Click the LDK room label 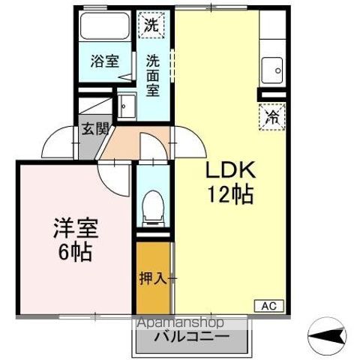pyautogui.click(x=230, y=170)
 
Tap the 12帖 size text pyautogui.click(x=230, y=195)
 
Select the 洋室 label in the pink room pyautogui.click(x=76, y=228)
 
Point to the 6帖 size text pyautogui.click(x=75, y=252)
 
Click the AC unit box pyautogui.click(x=269, y=306)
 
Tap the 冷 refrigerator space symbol pyautogui.click(x=272, y=117)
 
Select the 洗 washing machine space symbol pyautogui.click(x=151, y=25)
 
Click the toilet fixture pyautogui.click(x=153, y=208)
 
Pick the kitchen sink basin pyautogui.click(x=272, y=70)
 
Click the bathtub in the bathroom pyautogui.click(x=104, y=26)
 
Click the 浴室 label pyautogui.click(x=104, y=61)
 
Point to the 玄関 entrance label pyautogui.click(x=96, y=129)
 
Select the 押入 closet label pyautogui.click(x=153, y=278)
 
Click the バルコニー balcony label pyautogui.click(x=191, y=336)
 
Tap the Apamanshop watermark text pyautogui.click(x=181, y=322)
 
